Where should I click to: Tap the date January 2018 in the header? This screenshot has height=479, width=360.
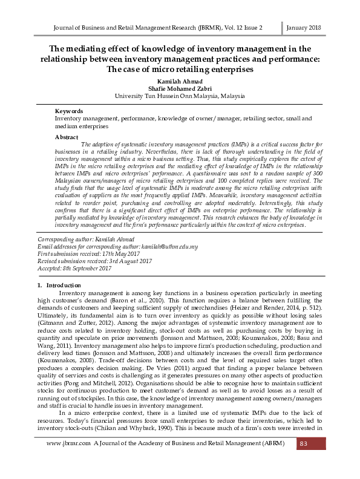pos(302,28)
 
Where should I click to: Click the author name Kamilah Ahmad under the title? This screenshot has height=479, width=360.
pos(180,80)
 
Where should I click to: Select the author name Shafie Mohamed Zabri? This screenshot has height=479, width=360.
pos(180,88)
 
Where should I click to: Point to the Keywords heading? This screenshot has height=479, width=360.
pos(69,112)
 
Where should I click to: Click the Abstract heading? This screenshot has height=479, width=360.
pos(67,137)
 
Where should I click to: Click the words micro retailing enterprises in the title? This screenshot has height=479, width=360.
pos(192,69)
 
